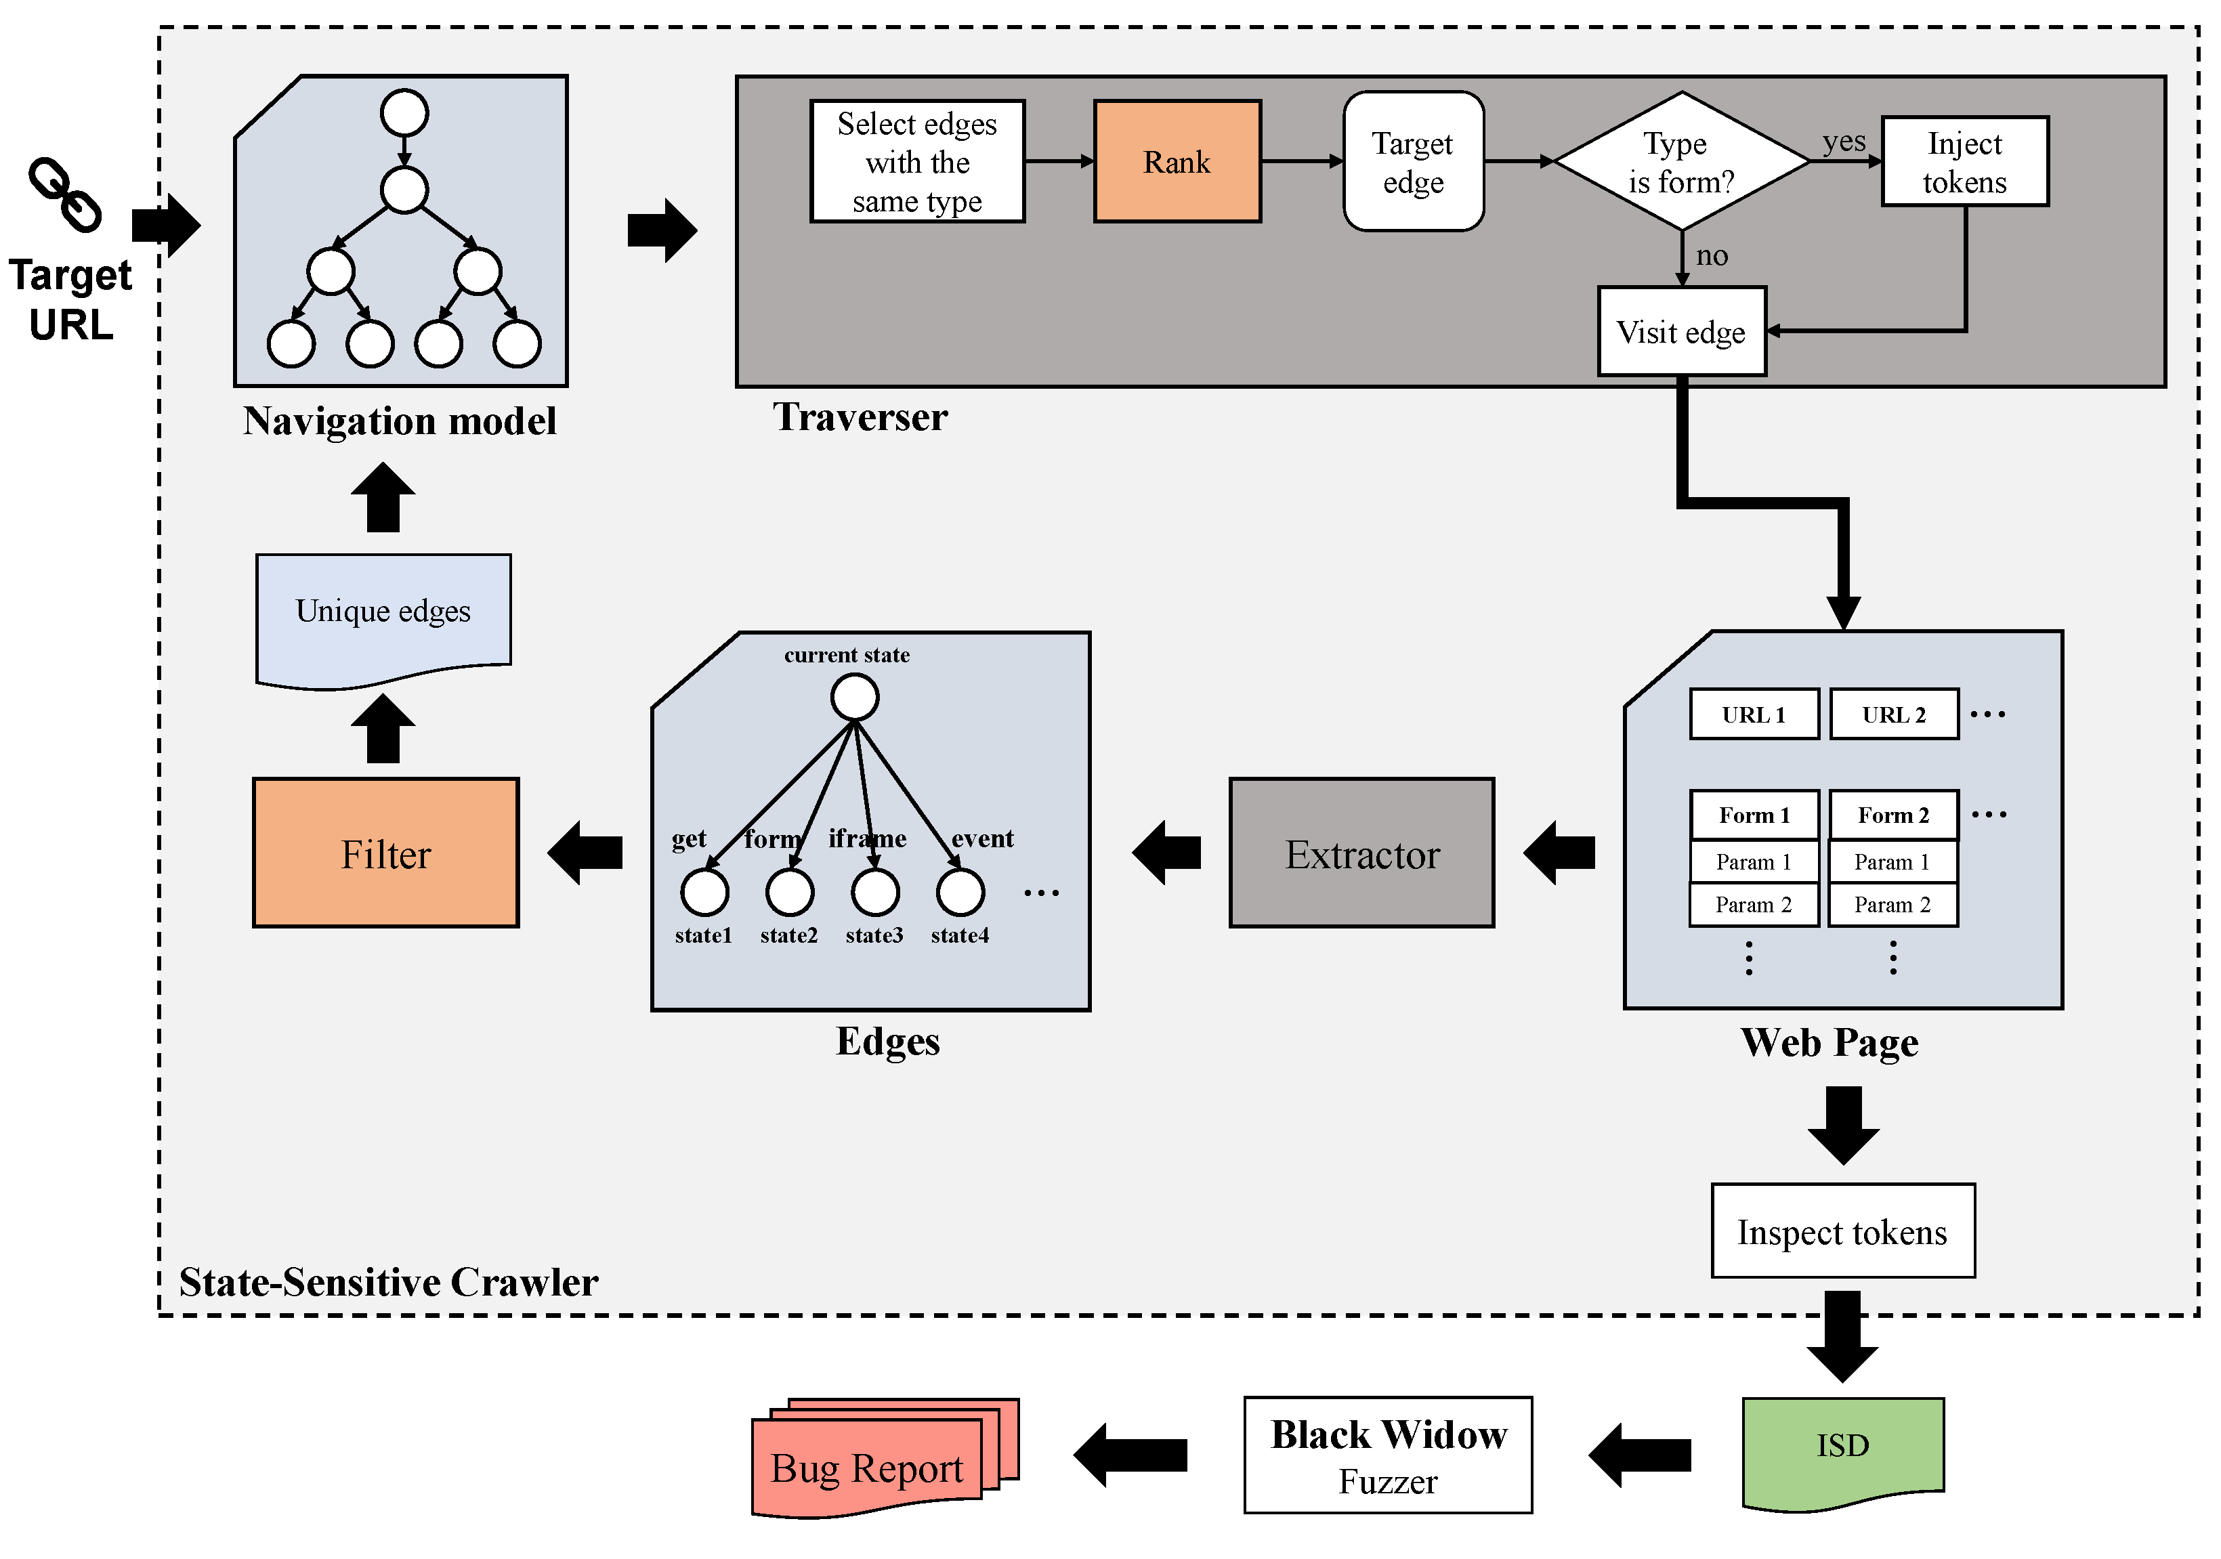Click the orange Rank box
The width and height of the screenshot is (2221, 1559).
pos(1177,161)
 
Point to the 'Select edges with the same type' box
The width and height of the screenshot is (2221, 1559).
pos(917,161)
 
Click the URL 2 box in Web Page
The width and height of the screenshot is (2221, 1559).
pos(1893,714)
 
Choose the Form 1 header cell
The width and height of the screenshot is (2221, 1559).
pos(1754,815)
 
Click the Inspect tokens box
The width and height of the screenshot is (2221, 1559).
pos(1842,1231)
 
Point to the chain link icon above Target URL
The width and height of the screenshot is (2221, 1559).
pos(65,194)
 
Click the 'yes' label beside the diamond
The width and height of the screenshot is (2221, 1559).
pos(1844,142)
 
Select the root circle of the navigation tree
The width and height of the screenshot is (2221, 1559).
pos(404,113)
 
